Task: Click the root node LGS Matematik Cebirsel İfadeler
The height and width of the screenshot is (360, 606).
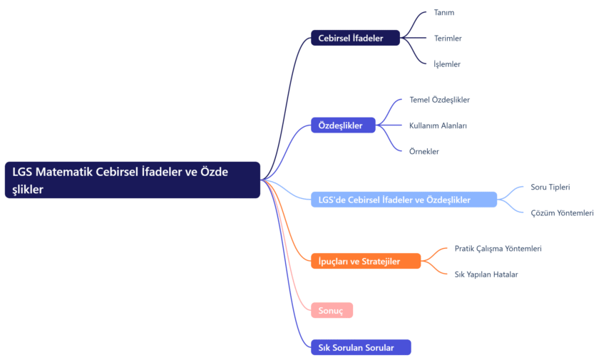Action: click(x=133, y=180)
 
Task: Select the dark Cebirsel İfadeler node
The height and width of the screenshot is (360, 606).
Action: click(x=355, y=38)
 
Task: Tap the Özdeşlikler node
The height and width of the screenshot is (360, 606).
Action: click(x=342, y=125)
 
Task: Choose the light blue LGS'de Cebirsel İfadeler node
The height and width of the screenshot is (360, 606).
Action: click(x=404, y=200)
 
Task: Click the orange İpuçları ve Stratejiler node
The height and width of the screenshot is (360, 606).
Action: click(x=366, y=261)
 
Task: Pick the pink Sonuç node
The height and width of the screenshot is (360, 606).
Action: click(x=332, y=310)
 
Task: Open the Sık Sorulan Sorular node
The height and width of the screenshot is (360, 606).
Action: click(x=361, y=347)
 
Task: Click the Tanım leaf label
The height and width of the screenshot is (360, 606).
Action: click(x=443, y=12)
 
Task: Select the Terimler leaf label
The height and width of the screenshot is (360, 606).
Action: click(x=448, y=38)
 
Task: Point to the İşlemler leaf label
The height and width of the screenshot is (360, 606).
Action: click(x=447, y=63)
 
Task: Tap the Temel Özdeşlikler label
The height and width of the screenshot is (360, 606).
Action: click(x=439, y=100)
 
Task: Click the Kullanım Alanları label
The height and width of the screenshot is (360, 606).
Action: click(x=438, y=125)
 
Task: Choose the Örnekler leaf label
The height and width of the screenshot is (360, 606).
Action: click(x=424, y=151)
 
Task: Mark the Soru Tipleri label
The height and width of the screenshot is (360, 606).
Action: click(x=550, y=187)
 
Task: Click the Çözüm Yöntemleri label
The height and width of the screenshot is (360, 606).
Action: click(x=562, y=212)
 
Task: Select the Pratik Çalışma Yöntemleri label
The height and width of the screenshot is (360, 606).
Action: click(x=498, y=248)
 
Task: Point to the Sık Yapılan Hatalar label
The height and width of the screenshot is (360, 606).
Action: click(x=486, y=274)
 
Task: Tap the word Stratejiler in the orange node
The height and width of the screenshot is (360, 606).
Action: click(x=381, y=261)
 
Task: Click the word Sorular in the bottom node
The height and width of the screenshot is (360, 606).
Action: click(x=379, y=347)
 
